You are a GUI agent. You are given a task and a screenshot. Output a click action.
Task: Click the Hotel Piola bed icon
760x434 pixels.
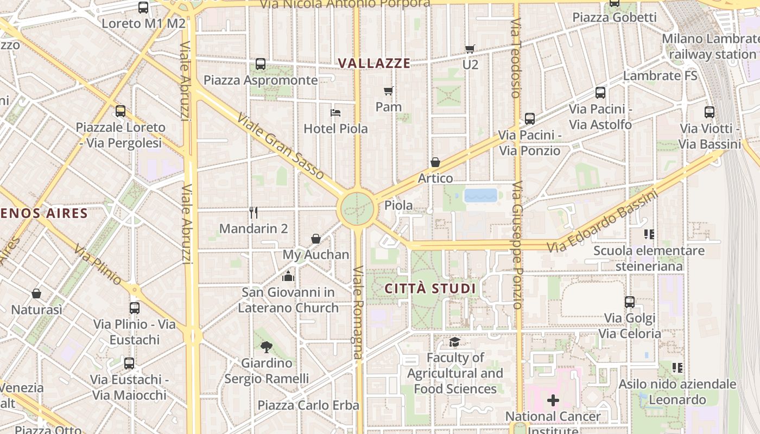coord(335,113)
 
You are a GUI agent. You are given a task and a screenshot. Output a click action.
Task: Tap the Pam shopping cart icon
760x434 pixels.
coord(388,91)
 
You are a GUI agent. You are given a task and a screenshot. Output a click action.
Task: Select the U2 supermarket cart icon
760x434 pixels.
coord(470,49)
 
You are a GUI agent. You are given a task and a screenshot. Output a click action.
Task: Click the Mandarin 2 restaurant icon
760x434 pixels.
coord(254,212)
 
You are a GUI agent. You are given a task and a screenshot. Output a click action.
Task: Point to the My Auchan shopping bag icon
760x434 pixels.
coord(316,239)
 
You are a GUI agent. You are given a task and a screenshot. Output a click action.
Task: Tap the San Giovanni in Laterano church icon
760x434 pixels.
coord(288,277)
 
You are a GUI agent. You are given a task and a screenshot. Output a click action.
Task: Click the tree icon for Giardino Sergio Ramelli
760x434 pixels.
coord(266,347)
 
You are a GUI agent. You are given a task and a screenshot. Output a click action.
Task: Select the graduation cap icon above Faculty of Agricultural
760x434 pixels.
coord(454,342)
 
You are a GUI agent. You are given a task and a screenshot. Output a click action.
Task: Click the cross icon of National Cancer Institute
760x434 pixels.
coord(553,401)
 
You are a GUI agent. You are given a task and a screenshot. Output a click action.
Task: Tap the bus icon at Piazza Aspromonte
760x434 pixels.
coord(261,64)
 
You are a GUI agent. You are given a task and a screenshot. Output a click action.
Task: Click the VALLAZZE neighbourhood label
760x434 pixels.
coord(374,63)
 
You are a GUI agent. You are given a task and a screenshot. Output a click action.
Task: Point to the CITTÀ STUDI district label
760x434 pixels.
coord(430,289)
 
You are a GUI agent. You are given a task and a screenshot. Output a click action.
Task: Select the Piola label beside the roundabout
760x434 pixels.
coord(398,206)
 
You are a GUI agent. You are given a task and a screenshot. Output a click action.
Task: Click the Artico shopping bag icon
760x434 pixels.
coord(435,162)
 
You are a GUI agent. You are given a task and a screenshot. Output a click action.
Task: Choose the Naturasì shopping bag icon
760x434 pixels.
coord(36,293)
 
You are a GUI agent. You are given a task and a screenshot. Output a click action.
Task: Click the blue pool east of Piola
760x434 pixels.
coord(480,195)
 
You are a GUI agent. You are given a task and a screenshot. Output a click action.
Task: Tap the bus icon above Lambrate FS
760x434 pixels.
coord(615,3)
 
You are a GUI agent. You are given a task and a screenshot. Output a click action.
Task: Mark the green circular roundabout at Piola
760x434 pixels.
coord(357,208)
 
